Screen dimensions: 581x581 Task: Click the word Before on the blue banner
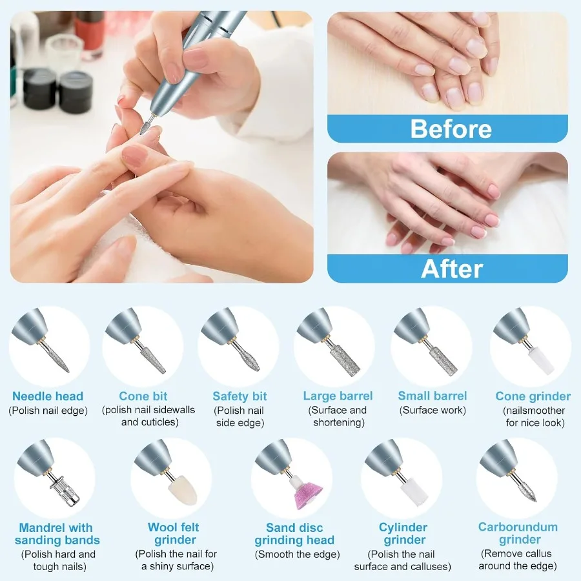451,129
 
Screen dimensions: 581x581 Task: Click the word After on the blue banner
452,269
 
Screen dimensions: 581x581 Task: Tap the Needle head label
48,396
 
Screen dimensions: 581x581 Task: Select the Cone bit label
143,396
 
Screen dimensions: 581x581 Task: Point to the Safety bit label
240,396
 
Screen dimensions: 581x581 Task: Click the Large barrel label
338,396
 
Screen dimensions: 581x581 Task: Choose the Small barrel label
433,396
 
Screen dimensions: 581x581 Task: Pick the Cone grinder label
533,396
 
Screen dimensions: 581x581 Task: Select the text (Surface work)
433,410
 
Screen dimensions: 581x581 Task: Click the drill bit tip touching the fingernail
144,128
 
